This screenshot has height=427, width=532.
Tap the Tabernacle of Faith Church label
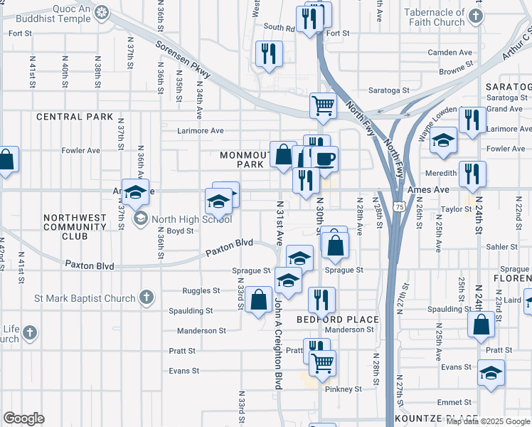pyautogui.click(x=434, y=17)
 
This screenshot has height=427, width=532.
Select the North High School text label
pyautogui.click(x=181, y=218)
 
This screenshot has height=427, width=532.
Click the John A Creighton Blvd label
pyautogui.click(x=279, y=344)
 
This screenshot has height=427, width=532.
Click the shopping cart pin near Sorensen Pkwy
pyautogui.click(x=323, y=106)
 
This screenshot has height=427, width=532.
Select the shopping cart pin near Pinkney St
pyautogui.click(x=323, y=364)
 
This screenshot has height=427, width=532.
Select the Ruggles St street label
pyautogui.click(x=201, y=291)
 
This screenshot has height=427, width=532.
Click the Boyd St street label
pyautogui.click(x=181, y=231)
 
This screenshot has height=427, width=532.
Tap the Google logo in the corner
pyautogui.click(x=23, y=418)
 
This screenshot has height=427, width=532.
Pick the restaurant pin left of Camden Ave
pyautogui.click(x=269, y=55)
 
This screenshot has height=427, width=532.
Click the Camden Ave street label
pyautogui.click(x=450, y=53)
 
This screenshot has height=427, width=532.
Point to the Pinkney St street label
pyautogui.click(x=344, y=389)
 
